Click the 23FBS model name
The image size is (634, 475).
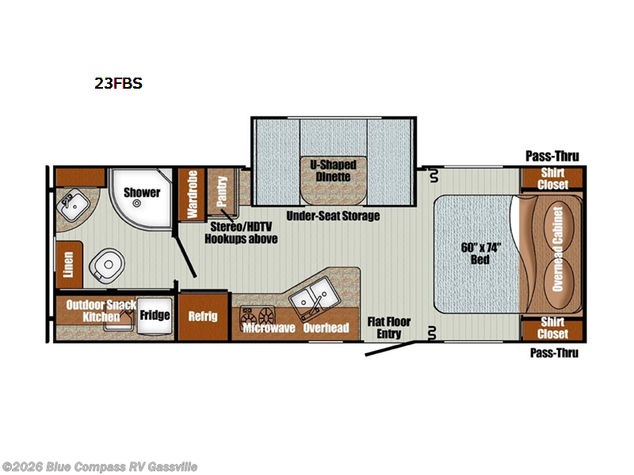point(118,83)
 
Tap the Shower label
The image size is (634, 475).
point(142,192)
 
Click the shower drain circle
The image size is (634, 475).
point(137,203)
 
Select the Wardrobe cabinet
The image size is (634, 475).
point(192,194)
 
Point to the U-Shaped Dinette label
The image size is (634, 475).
point(333,171)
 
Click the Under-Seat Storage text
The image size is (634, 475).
point(333,216)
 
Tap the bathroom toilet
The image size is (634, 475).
point(106,265)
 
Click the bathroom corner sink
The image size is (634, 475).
point(73,206)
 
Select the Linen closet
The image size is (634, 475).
point(69,265)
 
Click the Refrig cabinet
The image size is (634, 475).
point(203,317)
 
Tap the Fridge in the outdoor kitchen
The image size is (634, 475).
point(155,316)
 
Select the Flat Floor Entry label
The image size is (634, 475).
point(389,328)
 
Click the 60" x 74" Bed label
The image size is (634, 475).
point(480,253)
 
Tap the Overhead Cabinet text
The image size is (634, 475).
point(558,249)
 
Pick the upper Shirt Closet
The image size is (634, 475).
point(552,179)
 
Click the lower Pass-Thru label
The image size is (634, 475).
point(554,353)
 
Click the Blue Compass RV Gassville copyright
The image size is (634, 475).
point(100,467)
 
